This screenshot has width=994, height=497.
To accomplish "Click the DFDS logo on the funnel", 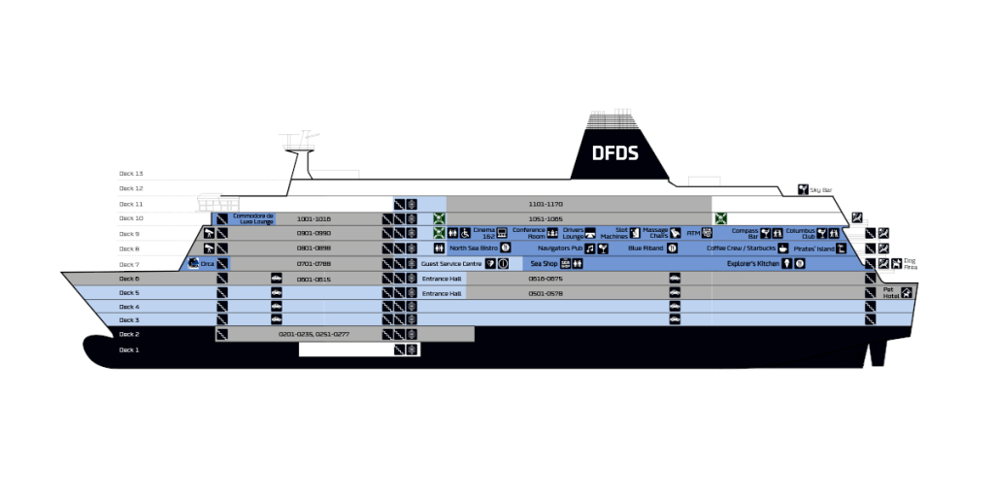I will pos(615,152).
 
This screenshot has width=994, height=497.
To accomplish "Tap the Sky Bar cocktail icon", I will pos(802,189).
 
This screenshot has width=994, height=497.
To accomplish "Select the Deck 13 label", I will pos(131,173).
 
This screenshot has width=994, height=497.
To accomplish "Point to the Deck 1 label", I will pos(129,349).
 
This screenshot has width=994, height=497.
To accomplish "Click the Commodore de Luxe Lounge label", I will pos(253,218).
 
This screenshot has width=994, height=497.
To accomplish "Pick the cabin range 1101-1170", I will pos(546,204).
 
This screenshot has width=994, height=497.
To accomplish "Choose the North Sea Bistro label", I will pos(473,248).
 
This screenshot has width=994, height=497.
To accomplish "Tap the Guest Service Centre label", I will pos(450,263).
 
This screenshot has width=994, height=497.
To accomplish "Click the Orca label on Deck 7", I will pos(207,264).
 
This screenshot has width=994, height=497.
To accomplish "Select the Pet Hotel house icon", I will pos(907,292).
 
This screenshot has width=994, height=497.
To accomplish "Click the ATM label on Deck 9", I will pos(693,233).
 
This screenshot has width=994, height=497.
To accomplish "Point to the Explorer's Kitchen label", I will pos(753,263).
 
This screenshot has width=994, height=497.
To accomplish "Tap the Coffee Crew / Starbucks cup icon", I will pos(781,248).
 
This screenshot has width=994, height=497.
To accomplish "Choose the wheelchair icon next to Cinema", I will pos(465,233).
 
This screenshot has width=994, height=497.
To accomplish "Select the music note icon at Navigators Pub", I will pos(589,248).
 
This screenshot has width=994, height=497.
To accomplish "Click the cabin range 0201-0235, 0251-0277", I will pos(314,334).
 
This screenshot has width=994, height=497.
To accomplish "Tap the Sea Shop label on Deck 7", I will pos(544,263).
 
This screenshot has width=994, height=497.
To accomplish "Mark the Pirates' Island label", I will pos(813,248).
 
